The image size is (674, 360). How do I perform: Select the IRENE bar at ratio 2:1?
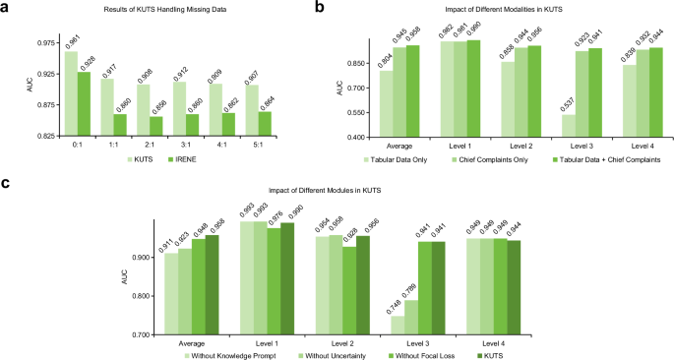point(156,126)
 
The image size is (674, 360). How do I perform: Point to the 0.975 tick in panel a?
point(42,43)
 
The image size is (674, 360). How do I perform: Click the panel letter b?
point(347,7)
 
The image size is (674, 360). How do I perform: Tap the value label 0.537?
point(540,103)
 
